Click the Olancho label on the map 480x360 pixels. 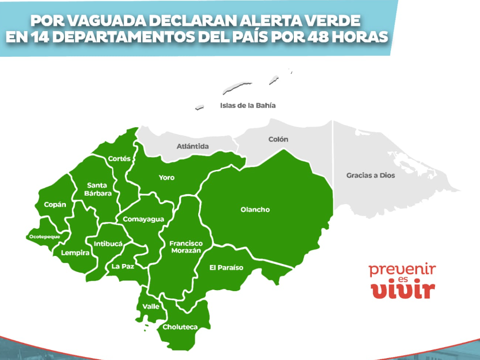(255, 210)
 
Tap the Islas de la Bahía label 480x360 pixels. (248, 106)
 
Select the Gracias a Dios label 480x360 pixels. (370, 175)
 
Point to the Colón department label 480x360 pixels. (278, 139)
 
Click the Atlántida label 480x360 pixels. (192, 147)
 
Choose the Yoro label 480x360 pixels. (167, 177)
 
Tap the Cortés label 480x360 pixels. (119, 159)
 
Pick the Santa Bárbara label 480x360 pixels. (97, 189)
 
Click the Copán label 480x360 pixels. (55, 205)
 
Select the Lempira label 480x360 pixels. (75, 253)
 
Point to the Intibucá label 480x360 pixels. (108, 243)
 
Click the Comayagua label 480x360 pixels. (143, 219)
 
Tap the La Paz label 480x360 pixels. (123, 266)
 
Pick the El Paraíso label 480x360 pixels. (226, 267)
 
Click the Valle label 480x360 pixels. (150, 306)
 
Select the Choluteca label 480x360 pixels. (180, 327)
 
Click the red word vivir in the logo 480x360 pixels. (403, 290)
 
